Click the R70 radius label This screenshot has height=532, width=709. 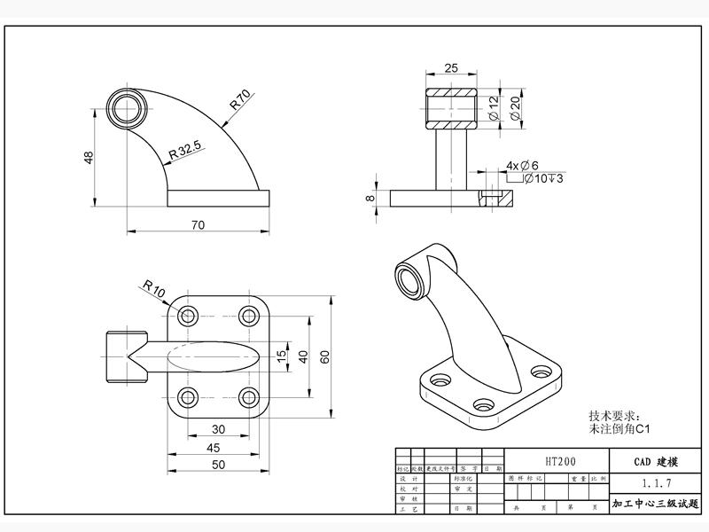click(x=241, y=99)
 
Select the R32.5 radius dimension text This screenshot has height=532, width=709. click(x=185, y=151)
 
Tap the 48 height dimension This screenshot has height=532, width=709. click(x=89, y=157)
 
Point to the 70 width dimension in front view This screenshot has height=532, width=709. click(x=198, y=225)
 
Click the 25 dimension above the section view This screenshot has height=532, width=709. click(x=451, y=68)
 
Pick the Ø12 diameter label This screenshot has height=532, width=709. click(x=494, y=108)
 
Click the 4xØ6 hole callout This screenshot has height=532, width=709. click(x=523, y=165)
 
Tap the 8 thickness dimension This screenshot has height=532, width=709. click(x=370, y=198)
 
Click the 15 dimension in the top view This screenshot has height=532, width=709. click(x=282, y=356)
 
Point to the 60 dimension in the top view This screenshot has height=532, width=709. click(x=325, y=356)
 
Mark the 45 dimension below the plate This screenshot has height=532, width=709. click(x=214, y=448)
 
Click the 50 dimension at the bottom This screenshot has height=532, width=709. click(x=218, y=465)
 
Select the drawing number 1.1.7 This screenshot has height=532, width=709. click(x=657, y=483)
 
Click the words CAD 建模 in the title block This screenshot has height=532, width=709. click(x=657, y=462)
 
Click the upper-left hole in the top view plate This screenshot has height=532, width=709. click(x=188, y=316)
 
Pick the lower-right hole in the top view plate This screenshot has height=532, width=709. click(x=249, y=395)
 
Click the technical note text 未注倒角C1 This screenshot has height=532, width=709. click(x=620, y=429)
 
